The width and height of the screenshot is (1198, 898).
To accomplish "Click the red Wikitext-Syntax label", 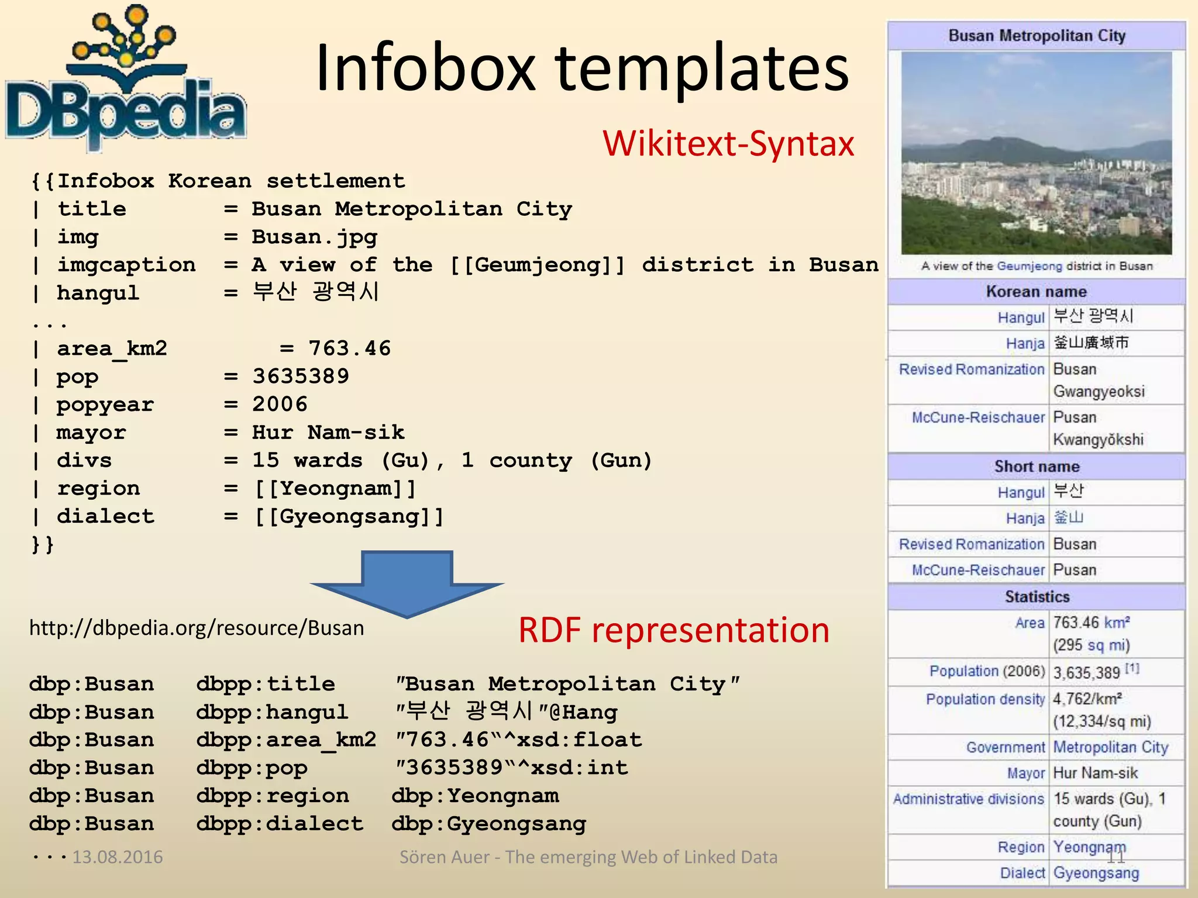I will coord(728,144).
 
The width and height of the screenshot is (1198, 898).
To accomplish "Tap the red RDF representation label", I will coord(674,630).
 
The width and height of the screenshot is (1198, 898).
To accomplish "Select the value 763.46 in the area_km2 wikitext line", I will coord(349,348).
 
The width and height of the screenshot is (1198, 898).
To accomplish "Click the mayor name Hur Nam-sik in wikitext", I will coord(328,433).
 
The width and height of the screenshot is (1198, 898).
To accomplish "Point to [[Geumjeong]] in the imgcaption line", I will coord(537,265).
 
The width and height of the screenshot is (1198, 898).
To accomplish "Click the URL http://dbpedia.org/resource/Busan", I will coord(197,628).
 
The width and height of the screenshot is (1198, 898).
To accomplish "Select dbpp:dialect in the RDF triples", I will coord(280,824).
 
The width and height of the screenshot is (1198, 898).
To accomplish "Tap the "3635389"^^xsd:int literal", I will coord(511,768).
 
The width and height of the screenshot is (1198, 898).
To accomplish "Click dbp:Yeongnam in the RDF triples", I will coord(475,796).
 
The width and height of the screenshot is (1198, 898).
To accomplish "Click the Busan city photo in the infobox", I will coord(1036,153).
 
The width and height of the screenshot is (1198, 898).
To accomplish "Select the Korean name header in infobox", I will coord(1036,292).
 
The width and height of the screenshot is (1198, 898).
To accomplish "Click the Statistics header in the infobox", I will coord(1037,597).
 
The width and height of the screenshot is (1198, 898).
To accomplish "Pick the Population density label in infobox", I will coord(985,699).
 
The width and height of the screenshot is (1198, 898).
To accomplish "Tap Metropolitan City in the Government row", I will coord(1110,747).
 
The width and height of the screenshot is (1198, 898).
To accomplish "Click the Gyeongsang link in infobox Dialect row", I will coord(1096,873).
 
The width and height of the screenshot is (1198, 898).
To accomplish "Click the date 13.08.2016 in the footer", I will coord(117,857).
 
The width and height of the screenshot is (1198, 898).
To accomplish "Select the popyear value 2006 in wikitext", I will coord(280,405).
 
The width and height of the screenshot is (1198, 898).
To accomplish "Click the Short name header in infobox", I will coord(1037,467).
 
